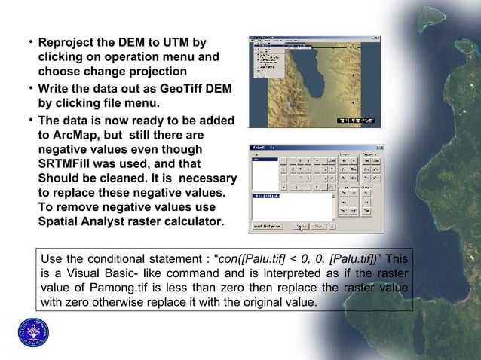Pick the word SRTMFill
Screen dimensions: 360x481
point(72,163)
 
